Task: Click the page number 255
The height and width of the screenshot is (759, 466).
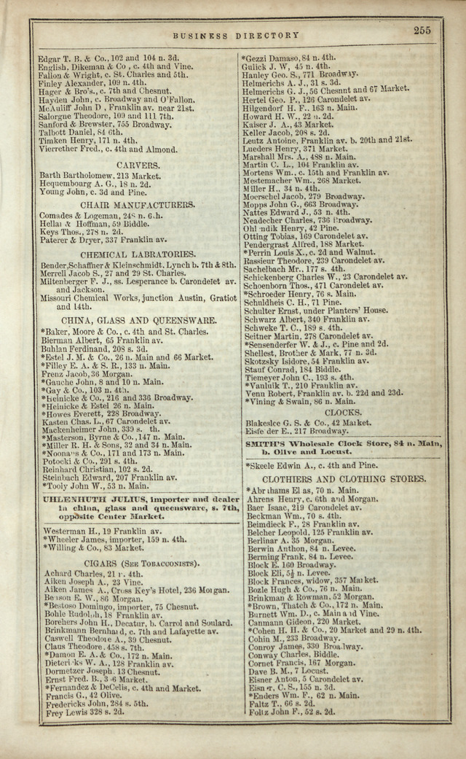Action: [422, 31]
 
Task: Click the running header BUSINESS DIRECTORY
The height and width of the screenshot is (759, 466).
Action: [235, 35]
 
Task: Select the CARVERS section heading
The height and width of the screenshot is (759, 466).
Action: [138, 166]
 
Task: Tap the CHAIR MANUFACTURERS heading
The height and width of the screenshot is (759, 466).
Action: [138, 206]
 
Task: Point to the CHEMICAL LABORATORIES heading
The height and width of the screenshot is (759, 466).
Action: [138, 254]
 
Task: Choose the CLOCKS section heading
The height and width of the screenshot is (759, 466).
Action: [343, 412]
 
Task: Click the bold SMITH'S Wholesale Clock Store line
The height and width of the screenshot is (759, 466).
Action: [344, 443]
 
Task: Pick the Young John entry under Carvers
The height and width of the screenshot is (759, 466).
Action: [76, 193]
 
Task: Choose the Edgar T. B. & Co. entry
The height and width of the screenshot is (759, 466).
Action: [108, 58]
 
